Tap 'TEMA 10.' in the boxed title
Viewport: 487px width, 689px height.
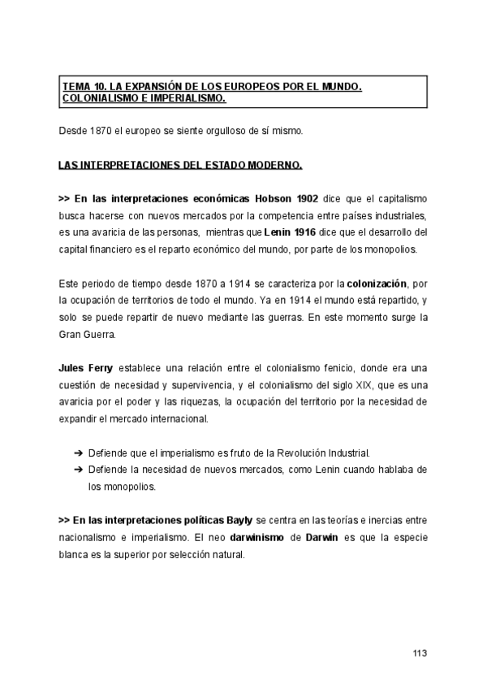click(x=83, y=85)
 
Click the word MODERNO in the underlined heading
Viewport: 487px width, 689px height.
click(x=276, y=165)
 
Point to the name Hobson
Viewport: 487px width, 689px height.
click(x=274, y=198)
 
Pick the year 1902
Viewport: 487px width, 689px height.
click(x=308, y=198)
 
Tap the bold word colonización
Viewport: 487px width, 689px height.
click(x=376, y=283)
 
